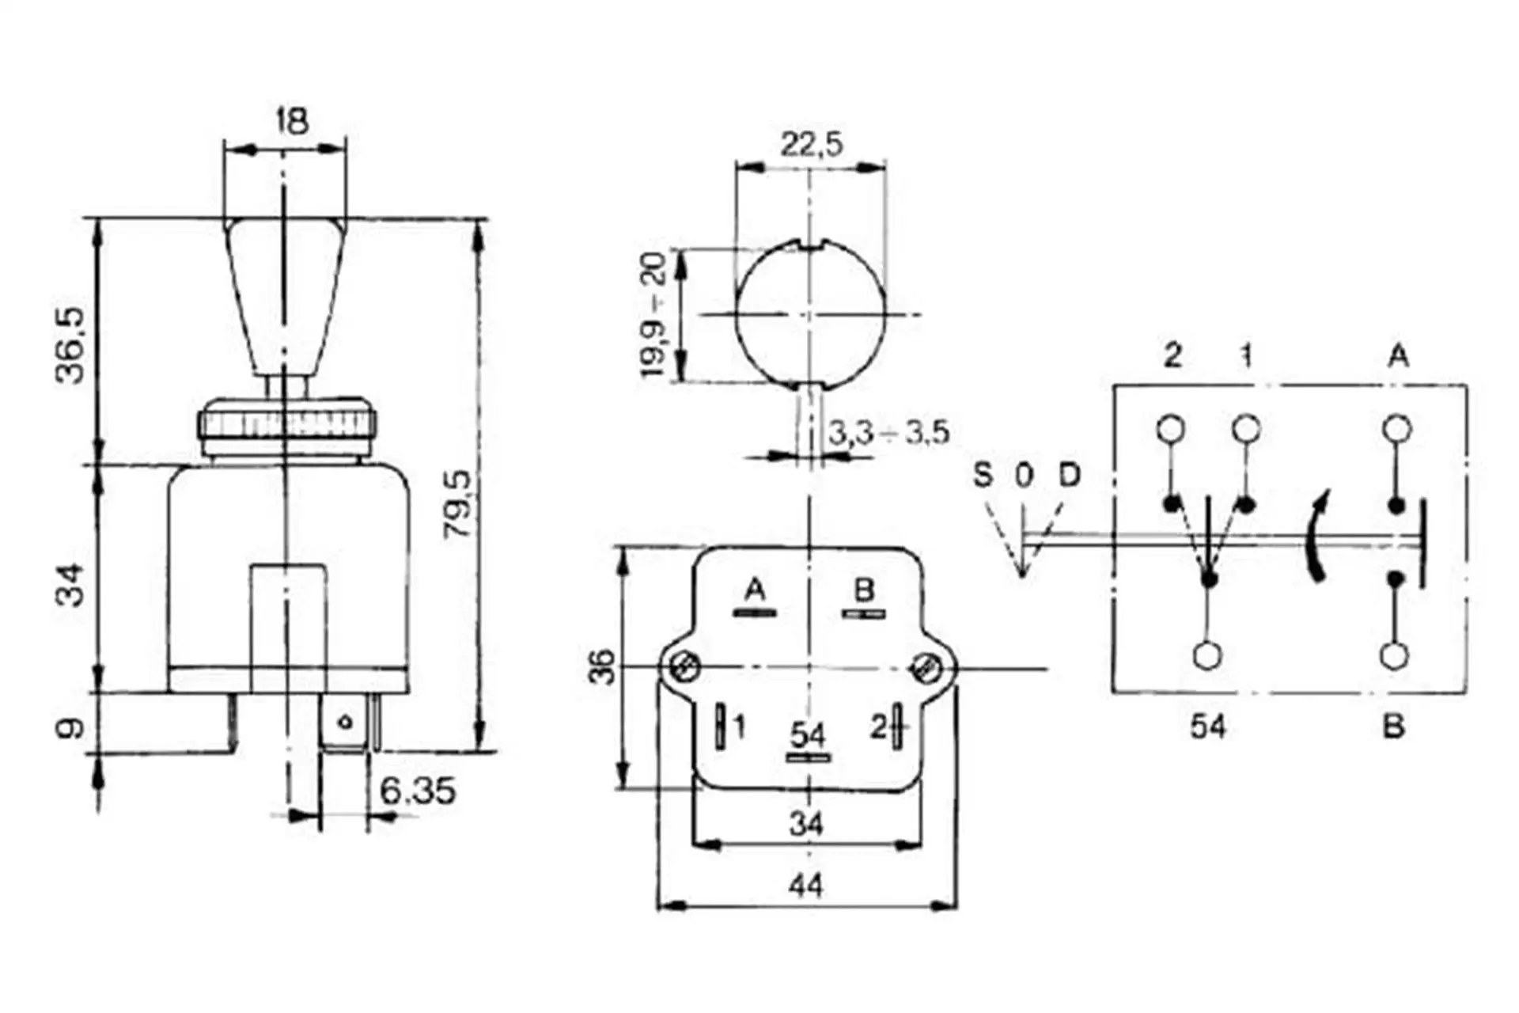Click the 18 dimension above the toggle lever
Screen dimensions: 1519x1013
pos(292,122)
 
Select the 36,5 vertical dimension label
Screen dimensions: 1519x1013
pos(70,346)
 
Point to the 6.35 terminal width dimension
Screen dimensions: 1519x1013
pos(418,791)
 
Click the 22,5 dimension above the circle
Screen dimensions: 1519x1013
pos(812,145)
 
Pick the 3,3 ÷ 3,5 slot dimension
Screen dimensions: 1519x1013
pos(888,433)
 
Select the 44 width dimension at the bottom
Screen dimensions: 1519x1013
pos(805,886)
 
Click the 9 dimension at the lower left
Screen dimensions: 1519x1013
pos(70,727)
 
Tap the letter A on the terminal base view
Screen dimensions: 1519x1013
pos(756,590)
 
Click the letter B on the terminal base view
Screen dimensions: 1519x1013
pos(864,590)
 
